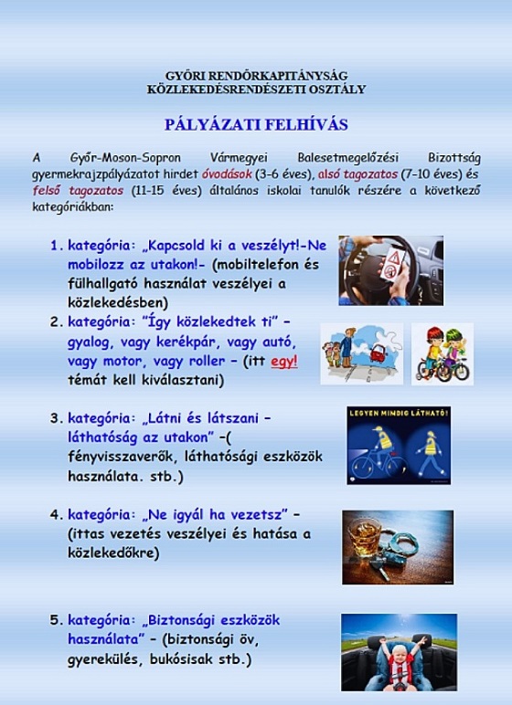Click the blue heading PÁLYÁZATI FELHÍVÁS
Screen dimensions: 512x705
256,124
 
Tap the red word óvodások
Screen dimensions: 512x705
226,174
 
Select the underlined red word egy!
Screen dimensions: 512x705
284,362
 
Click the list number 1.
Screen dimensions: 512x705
57,246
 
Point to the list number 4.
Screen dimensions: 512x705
57,514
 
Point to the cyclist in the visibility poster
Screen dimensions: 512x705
374,452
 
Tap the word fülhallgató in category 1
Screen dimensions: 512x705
103,284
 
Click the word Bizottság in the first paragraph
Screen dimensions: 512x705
453,159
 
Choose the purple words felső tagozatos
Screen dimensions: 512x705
78,190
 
